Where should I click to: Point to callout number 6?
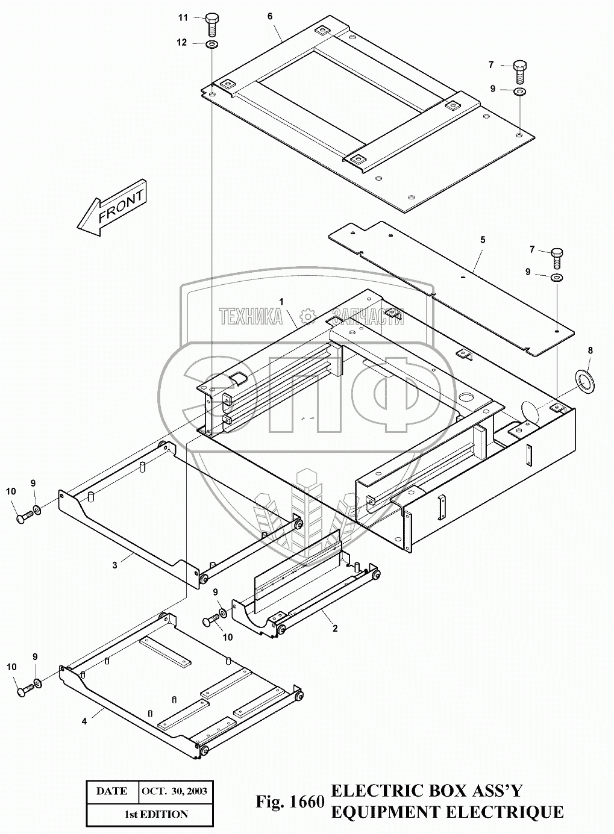point(271,16)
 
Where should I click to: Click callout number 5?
point(482,240)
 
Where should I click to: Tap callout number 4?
point(84,721)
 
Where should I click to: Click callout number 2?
point(335,628)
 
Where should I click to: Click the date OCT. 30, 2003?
point(174,791)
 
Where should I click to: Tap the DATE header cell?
point(111,791)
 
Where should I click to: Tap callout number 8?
point(590,350)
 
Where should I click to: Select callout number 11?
point(183,17)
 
